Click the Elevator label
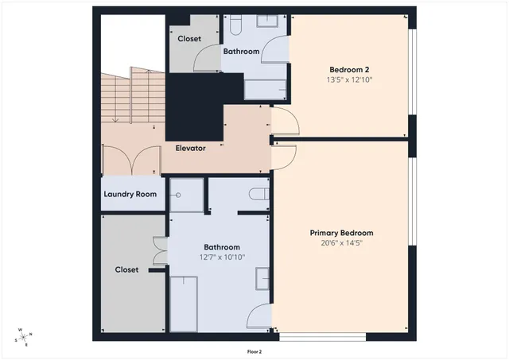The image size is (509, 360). [191, 148]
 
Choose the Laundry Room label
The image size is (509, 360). [130, 195]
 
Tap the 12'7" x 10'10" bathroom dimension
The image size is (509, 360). [222, 257]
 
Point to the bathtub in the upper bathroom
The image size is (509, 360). [266, 89]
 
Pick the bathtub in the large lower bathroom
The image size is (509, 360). [186, 302]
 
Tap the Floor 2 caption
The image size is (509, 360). [254, 350]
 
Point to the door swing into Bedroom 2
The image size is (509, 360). [286, 122]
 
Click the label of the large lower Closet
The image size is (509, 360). [126, 269]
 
